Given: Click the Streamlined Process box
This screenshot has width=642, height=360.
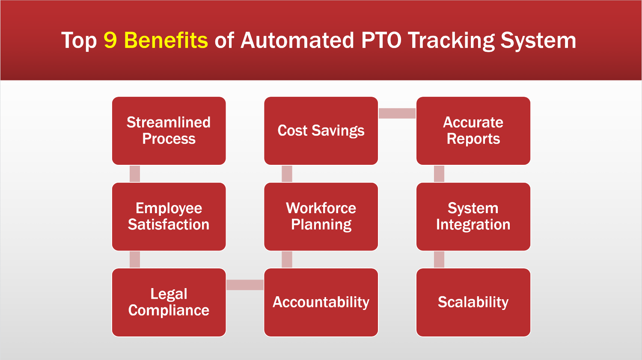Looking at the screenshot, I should pyautogui.click(x=169, y=131).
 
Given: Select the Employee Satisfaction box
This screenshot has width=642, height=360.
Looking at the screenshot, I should pyautogui.click(x=169, y=217).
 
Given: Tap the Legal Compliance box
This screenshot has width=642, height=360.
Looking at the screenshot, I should pyautogui.click(x=169, y=302).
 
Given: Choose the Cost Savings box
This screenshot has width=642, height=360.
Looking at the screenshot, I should pyautogui.click(x=321, y=131).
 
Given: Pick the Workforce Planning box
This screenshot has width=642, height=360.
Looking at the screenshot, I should pyautogui.click(x=321, y=217).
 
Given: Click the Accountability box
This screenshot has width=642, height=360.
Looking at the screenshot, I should pyautogui.click(x=321, y=302).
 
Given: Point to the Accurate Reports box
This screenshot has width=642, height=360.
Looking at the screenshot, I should pyautogui.click(x=473, y=131).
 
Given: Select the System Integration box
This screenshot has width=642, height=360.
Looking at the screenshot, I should pyautogui.click(x=473, y=217).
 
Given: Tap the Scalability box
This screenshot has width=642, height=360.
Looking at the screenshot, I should pyautogui.click(x=473, y=302).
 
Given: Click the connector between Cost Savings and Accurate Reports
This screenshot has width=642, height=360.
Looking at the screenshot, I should pyautogui.click(x=397, y=113).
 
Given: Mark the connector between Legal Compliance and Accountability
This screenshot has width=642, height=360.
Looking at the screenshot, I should pyautogui.click(x=245, y=285).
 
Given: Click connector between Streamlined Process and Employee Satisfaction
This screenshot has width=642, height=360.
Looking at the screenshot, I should pyautogui.click(x=135, y=174).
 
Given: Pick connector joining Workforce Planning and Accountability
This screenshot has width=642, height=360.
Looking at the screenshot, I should pyautogui.click(x=287, y=259).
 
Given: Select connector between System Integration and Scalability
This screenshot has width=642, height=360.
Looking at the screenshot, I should pyautogui.click(x=439, y=259).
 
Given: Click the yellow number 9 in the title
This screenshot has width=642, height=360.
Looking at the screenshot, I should pyautogui.click(x=110, y=40).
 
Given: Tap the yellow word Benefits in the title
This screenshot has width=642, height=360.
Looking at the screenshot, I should pyautogui.click(x=166, y=40).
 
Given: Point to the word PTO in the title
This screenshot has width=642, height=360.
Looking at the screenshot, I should pyautogui.click(x=381, y=40).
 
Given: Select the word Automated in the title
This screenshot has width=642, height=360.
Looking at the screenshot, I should pyautogui.click(x=297, y=40).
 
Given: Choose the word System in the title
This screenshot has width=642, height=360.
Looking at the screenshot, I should pyautogui.click(x=538, y=41).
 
